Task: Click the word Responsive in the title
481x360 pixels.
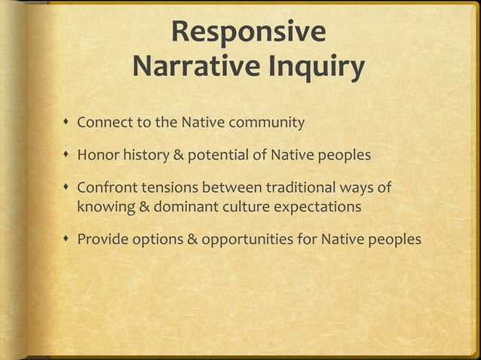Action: [248, 34]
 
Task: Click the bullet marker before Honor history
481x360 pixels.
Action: [68, 156]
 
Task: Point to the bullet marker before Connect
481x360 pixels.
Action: [68, 123]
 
